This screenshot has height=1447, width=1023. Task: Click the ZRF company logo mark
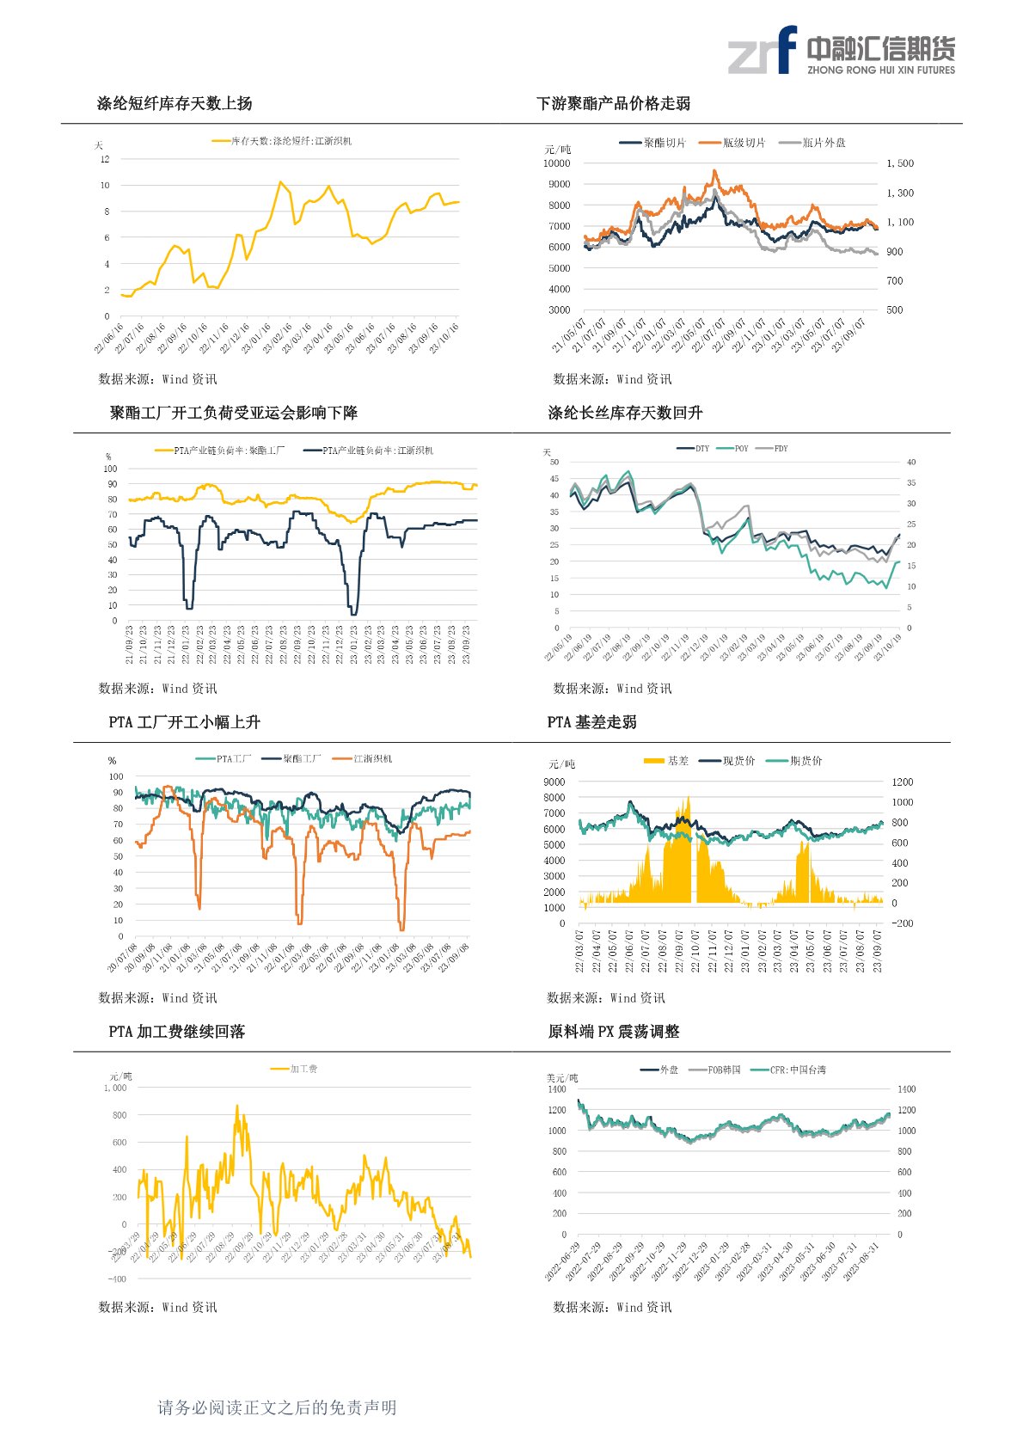pyautogui.click(x=763, y=51)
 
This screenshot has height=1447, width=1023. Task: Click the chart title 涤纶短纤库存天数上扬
pyautogui.click(x=175, y=103)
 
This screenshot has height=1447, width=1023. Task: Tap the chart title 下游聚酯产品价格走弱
pyautogui.click(x=613, y=103)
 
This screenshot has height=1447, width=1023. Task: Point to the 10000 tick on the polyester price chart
pyautogui.click(x=556, y=163)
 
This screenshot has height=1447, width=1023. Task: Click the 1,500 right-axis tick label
pyautogui.click(x=900, y=163)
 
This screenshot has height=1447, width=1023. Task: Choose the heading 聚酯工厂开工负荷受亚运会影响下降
pyautogui.click(x=233, y=413)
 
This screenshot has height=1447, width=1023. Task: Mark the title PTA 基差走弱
pyautogui.click(x=591, y=722)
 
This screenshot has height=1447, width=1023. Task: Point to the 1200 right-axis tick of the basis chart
pyautogui.click(x=903, y=782)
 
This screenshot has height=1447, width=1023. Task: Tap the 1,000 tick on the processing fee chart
pyautogui.click(x=115, y=1088)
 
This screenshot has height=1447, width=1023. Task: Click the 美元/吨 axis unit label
pyautogui.click(x=562, y=1078)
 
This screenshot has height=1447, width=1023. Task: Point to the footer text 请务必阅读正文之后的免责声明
pyautogui.click(x=277, y=1407)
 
